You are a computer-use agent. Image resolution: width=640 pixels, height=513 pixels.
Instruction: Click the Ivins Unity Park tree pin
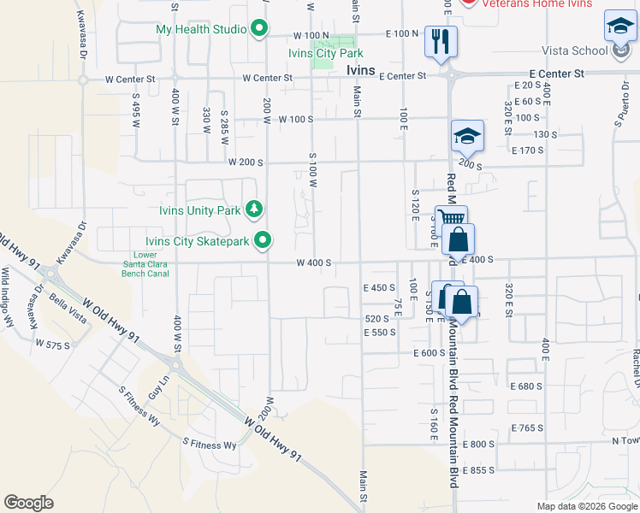(x=254, y=209)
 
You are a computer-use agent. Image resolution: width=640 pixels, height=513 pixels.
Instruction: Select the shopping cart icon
(x=451, y=219)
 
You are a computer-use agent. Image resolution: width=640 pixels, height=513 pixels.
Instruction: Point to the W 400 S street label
(x=313, y=263)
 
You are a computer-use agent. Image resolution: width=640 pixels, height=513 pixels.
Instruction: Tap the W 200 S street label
(x=245, y=162)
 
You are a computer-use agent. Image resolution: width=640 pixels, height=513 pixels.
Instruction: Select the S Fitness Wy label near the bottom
(x=209, y=445)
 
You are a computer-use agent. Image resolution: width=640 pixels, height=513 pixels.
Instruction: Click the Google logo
(x=29, y=502)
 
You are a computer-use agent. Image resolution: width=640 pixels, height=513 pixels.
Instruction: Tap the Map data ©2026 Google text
(x=586, y=506)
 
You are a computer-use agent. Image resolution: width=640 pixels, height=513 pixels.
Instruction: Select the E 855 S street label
(x=478, y=471)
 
